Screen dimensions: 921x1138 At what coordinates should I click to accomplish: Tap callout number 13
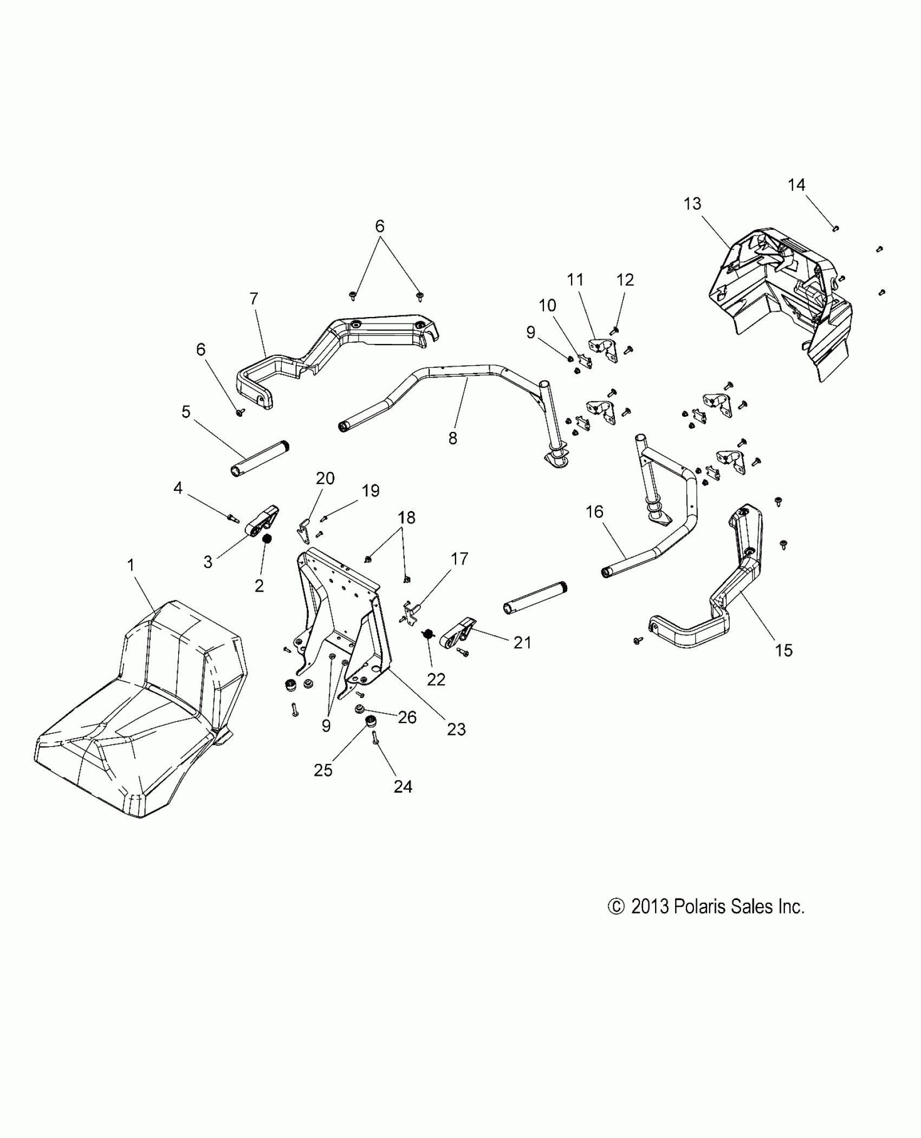click(x=692, y=204)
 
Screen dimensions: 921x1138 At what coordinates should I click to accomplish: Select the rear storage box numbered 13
click(x=780, y=293)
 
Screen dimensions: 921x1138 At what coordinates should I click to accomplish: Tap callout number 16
click(x=594, y=512)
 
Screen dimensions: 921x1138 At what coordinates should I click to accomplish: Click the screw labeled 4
click(x=234, y=519)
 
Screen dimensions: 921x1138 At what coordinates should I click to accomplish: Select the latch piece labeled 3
click(x=264, y=522)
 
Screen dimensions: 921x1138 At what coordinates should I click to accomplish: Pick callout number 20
click(x=325, y=479)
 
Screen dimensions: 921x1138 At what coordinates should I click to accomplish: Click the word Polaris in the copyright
click(x=699, y=907)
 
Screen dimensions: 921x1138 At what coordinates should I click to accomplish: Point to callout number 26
click(x=407, y=717)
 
